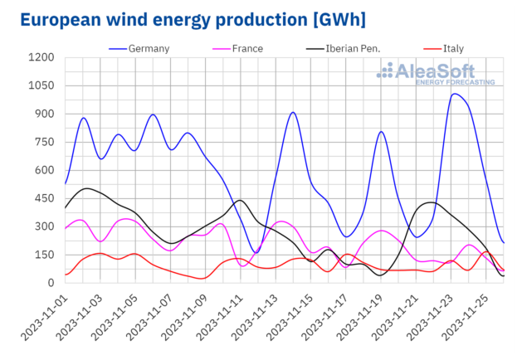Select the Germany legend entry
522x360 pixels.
pyautogui.click(x=150, y=48)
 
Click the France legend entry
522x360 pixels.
pyautogui.click(x=247, y=48)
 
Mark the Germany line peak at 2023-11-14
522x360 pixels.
pyautogui.click(x=293, y=112)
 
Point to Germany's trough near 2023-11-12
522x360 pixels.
pyautogui.click(x=256, y=251)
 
